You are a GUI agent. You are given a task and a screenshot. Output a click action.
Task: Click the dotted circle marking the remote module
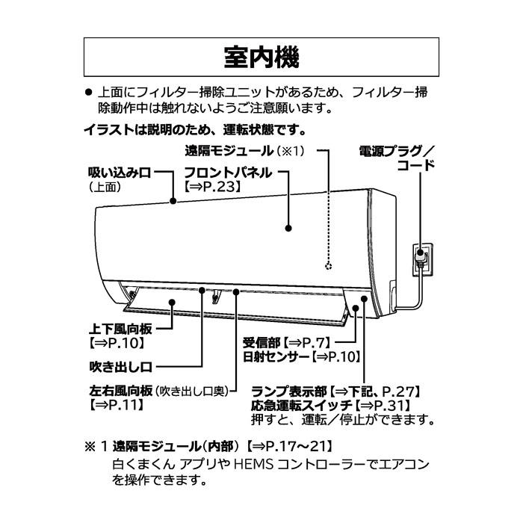click(x=327, y=266)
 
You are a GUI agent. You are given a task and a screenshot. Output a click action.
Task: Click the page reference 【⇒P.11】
click(x=116, y=405)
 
